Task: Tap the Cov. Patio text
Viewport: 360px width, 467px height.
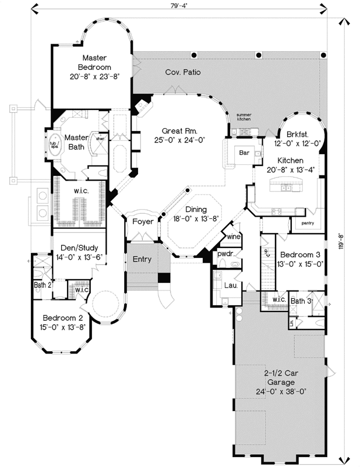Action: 179,73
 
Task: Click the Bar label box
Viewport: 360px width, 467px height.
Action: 244,152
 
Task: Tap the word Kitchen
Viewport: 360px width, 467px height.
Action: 290,160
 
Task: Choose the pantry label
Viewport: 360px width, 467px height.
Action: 309,222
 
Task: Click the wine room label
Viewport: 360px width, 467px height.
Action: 234,236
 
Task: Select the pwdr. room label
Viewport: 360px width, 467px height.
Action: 225,254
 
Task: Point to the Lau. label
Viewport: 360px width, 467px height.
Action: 230,285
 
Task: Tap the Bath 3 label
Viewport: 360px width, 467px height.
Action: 301,300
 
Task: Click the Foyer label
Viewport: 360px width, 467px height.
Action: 143,222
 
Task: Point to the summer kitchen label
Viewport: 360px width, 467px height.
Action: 243,117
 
